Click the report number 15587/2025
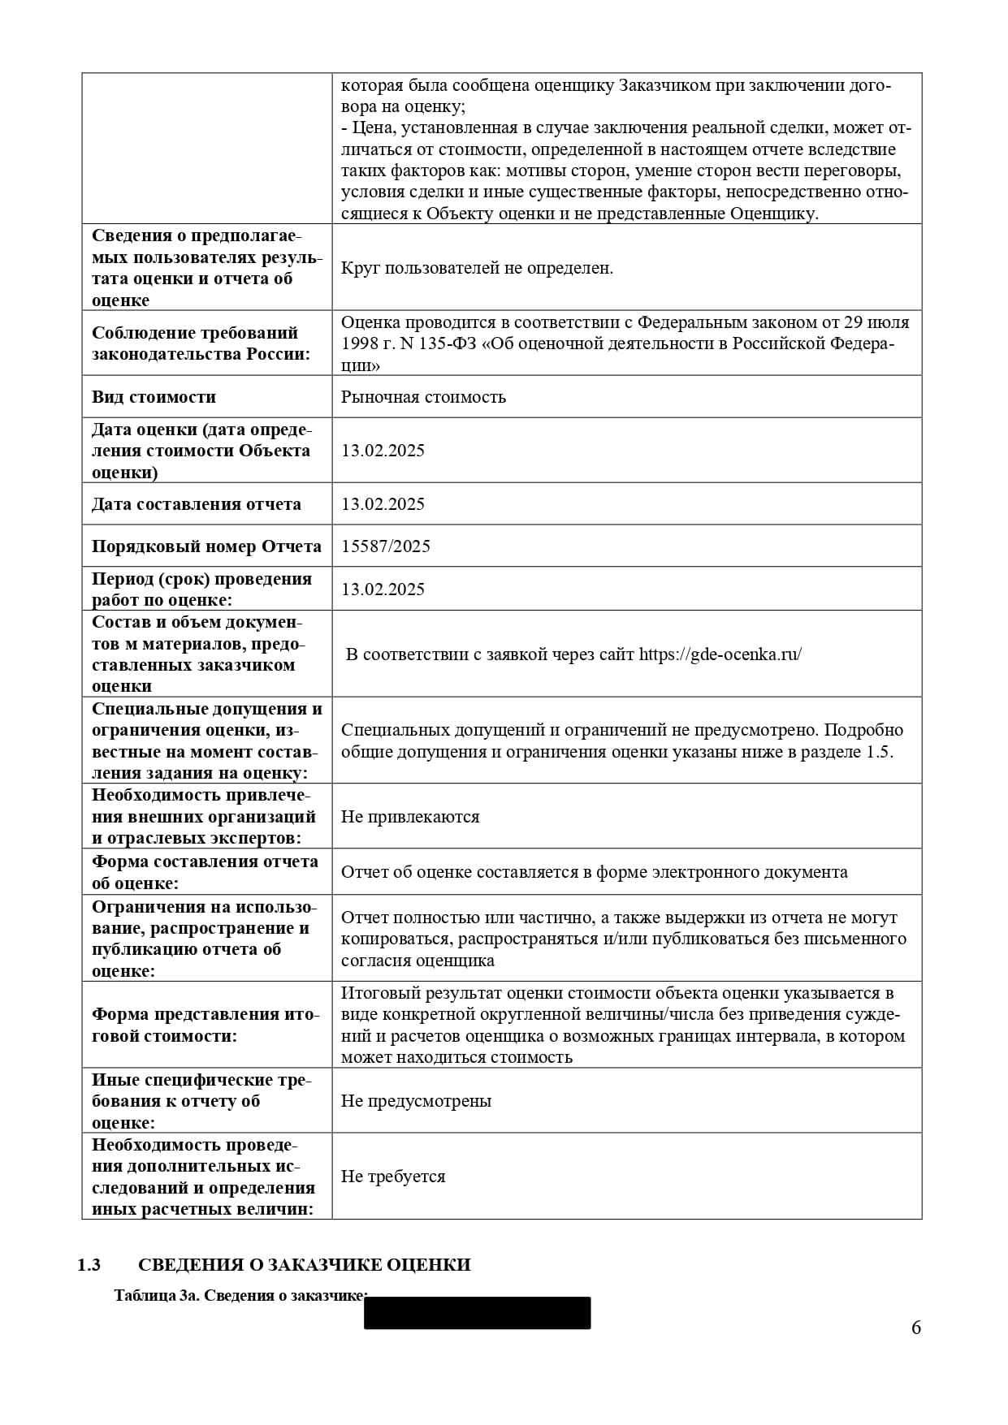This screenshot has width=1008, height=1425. click(x=385, y=546)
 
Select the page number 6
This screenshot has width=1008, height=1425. click(x=916, y=1328)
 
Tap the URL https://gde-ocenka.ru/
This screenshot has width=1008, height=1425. click(x=720, y=654)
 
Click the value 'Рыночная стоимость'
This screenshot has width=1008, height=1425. click(x=423, y=397)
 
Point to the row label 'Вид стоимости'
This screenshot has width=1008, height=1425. click(x=154, y=397)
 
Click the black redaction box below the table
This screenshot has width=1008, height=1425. click(x=477, y=1313)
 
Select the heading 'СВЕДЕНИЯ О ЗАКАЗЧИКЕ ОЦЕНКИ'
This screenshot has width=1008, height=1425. click(x=304, y=1265)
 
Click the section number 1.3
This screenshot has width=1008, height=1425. click(x=89, y=1265)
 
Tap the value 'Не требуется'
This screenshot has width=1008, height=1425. click(x=393, y=1177)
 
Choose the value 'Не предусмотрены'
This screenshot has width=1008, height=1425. click(x=416, y=1101)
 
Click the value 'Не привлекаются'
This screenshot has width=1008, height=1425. click(x=410, y=817)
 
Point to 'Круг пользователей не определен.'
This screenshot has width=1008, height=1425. click(x=477, y=268)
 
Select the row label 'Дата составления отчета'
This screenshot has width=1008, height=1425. click(x=196, y=504)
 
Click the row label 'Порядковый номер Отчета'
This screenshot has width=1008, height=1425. click(x=206, y=546)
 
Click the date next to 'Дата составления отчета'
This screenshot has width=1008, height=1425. click(x=383, y=504)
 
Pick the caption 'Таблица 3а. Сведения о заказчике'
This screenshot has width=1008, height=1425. click(x=240, y=1296)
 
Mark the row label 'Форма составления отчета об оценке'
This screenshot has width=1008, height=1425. click(x=205, y=872)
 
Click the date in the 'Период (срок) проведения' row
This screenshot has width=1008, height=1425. click(x=383, y=589)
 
